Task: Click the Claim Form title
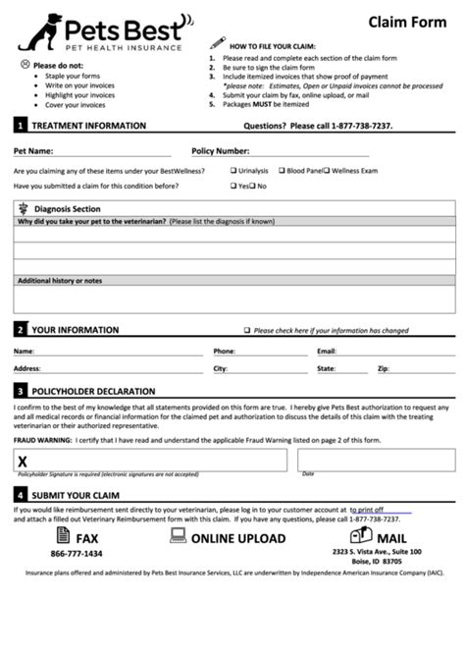(x=405, y=22)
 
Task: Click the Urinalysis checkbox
(x=233, y=170)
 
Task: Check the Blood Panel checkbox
(x=283, y=170)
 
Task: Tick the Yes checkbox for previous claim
(x=233, y=185)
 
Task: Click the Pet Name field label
(x=32, y=152)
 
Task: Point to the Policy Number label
(x=220, y=152)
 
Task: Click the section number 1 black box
(x=20, y=126)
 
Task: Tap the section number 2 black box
(x=20, y=330)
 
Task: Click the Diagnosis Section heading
(x=67, y=208)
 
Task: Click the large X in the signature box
(x=23, y=461)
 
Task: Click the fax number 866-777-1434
(x=76, y=554)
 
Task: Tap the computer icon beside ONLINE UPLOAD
(x=178, y=536)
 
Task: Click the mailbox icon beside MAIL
(x=360, y=536)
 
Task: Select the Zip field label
(x=383, y=368)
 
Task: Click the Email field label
(x=327, y=350)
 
